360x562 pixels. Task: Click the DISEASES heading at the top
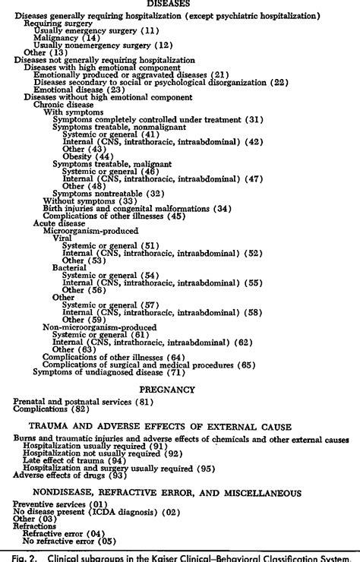coord(179,4)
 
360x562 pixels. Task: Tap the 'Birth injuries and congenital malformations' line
coord(128,208)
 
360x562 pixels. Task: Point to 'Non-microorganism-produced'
coord(91,327)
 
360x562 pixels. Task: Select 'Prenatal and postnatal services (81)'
coord(77,401)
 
